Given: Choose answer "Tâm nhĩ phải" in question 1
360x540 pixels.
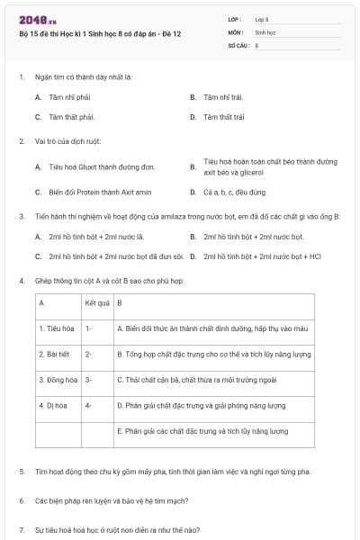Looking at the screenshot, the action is [70, 96].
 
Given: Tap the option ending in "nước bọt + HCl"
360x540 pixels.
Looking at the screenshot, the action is [262, 256].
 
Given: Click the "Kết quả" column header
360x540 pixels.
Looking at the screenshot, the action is [97, 303].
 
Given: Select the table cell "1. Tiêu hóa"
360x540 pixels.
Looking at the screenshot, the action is [56, 328].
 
